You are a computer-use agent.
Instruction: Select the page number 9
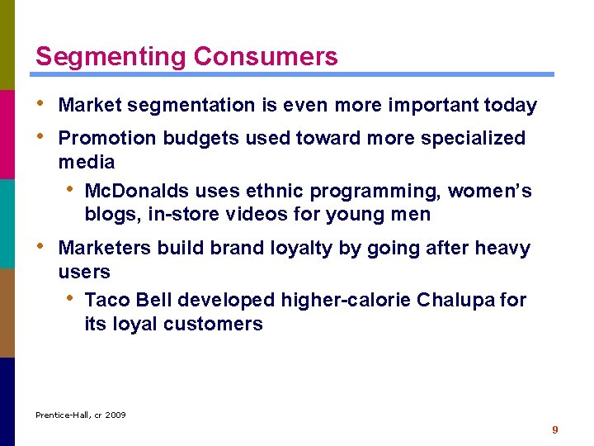point(555,429)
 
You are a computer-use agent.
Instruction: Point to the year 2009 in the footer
point(115,415)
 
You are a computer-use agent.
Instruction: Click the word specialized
point(473,138)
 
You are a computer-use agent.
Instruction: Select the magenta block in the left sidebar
point(7,134)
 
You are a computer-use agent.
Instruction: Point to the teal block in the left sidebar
point(7,223)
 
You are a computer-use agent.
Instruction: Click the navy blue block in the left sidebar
point(7,401)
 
